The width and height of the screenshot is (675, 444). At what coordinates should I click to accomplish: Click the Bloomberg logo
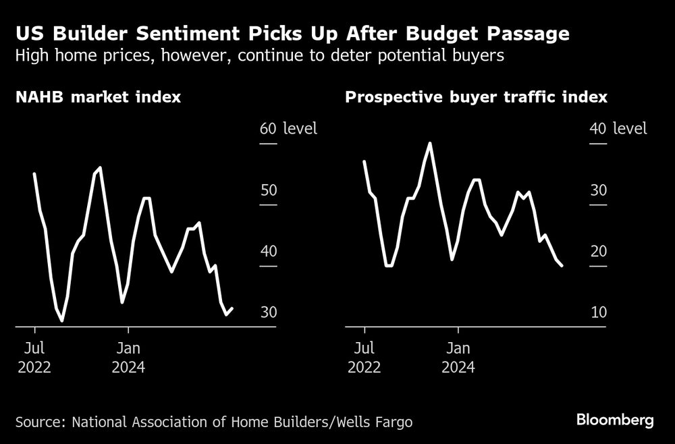615,420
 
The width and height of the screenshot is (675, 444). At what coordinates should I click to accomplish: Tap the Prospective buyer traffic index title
476,97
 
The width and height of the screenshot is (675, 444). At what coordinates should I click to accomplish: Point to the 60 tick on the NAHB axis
268,128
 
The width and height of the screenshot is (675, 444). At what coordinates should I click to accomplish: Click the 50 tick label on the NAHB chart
268,190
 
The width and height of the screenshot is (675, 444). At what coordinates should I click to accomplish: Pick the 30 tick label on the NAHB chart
268,313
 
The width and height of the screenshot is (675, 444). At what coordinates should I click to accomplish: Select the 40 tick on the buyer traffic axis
597,128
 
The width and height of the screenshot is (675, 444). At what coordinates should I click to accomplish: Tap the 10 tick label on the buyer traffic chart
597,313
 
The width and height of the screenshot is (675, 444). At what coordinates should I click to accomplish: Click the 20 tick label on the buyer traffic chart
597,252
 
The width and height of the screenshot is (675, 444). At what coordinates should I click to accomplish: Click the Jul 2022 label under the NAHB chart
35,358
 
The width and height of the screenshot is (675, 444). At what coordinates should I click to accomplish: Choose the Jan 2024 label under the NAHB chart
128,358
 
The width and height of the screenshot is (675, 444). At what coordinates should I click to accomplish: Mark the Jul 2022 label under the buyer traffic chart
364,358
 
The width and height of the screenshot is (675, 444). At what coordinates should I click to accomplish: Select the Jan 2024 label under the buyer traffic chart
458,358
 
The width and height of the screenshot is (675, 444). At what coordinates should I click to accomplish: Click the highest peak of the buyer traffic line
430,143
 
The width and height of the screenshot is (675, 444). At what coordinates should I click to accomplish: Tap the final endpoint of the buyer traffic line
562,266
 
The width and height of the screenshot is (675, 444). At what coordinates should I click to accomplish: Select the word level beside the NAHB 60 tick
300,128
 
